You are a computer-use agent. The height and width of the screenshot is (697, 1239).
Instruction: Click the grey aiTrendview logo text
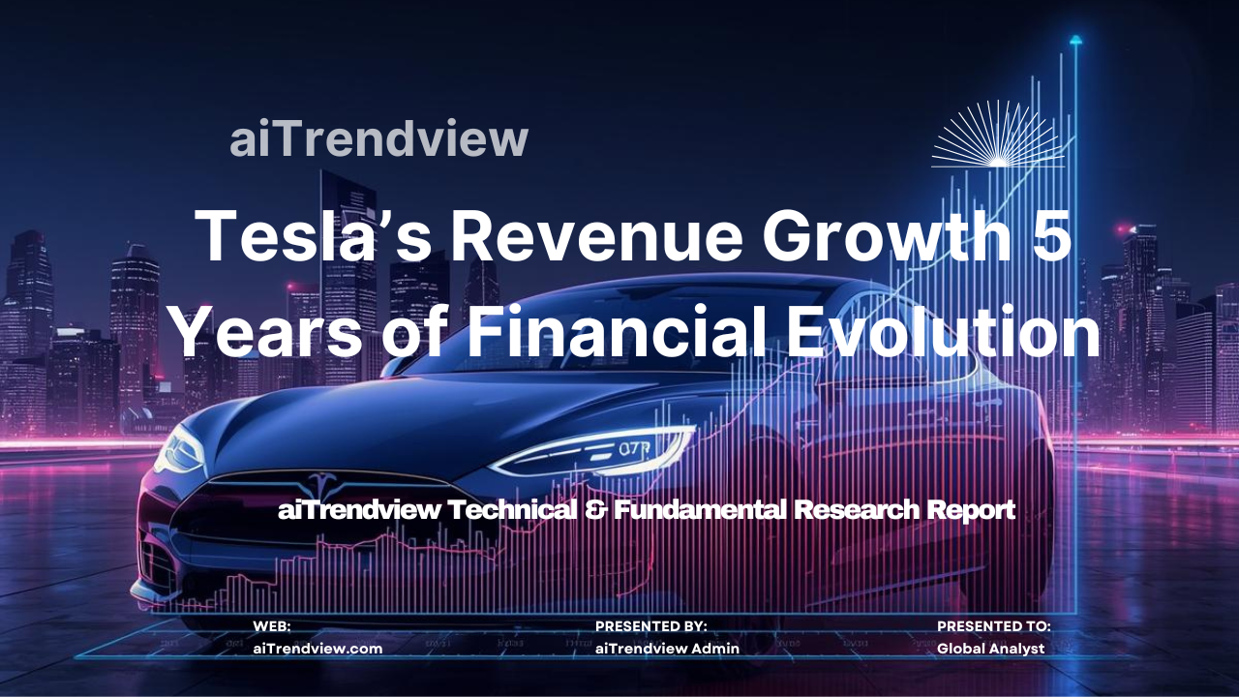(378, 139)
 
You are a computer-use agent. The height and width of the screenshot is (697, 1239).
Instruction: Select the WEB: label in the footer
(272, 627)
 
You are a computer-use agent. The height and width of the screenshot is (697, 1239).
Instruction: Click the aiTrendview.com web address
(317, 649)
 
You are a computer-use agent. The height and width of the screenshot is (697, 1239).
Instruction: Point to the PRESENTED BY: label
(650, 627)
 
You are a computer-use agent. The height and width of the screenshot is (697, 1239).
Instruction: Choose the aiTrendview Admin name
(667, 649)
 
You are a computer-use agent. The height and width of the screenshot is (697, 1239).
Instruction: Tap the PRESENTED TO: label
(993, 627)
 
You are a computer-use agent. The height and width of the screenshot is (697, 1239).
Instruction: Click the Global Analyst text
(990, 649)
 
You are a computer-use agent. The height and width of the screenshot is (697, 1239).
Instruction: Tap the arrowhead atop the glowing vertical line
(1075, 40)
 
